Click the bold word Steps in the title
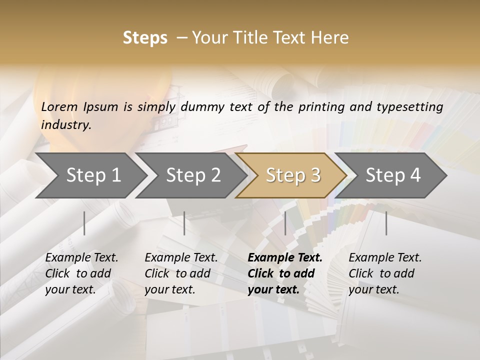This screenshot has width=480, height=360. [145, 38]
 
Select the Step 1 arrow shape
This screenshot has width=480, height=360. [90, 175]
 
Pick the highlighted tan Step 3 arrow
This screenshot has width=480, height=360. [292, 175]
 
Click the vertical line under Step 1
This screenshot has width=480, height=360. [84, 223]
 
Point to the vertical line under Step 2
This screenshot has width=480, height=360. [184, 223]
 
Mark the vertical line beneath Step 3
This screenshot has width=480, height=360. [285, 223]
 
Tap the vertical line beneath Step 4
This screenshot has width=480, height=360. [386, 223]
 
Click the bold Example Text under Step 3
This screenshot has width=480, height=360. [285, 258]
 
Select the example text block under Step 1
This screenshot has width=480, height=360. [81, 273]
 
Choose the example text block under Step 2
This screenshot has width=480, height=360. [181, 273]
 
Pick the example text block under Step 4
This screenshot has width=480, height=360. [385, 273]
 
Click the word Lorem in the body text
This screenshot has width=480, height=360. [59, 107]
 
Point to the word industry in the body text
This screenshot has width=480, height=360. [65, 125]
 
